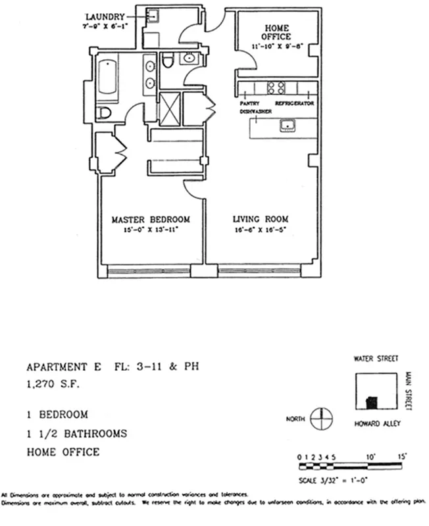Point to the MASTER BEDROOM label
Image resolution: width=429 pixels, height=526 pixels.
tap(150, 220)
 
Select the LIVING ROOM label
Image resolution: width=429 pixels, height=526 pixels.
tap(261, 220)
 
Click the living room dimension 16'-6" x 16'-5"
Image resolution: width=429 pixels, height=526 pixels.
tap(261, 230)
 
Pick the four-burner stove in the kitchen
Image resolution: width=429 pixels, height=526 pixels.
tap(275, 88)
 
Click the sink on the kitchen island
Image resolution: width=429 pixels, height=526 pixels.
tap(288, 125)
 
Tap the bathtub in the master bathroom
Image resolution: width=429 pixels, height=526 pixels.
tap(107, 80)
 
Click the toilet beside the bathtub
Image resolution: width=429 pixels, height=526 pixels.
tap(103, 113)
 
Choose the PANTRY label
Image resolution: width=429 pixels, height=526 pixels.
tap(250, 104)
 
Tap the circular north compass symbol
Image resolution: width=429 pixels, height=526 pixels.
tap(320, 418)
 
